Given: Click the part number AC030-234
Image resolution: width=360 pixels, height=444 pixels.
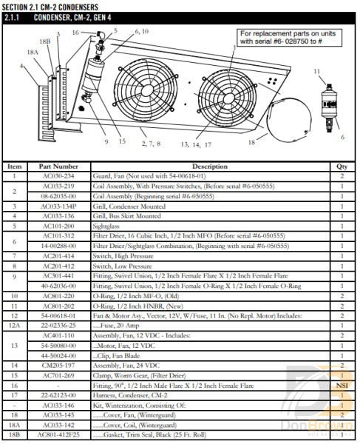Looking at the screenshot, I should point(58,177).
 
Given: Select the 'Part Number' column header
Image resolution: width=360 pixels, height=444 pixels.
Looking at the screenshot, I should point(58,166).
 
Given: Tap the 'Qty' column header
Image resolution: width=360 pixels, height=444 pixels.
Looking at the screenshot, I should point(342,166).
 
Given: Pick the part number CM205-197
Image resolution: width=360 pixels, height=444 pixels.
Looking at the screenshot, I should point(58,365).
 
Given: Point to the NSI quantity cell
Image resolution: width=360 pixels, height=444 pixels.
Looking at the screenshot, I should point(342,386).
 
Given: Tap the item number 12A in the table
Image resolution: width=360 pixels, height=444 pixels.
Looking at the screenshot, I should point(16,323).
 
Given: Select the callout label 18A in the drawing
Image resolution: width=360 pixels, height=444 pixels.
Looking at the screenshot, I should point(32,53).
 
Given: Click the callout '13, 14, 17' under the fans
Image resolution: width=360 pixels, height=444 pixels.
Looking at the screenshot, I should point(197,145).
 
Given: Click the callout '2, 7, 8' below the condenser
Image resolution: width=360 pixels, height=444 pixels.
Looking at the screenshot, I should point(150,142).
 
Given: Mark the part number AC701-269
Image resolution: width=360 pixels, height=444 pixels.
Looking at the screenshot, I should point(58,375).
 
